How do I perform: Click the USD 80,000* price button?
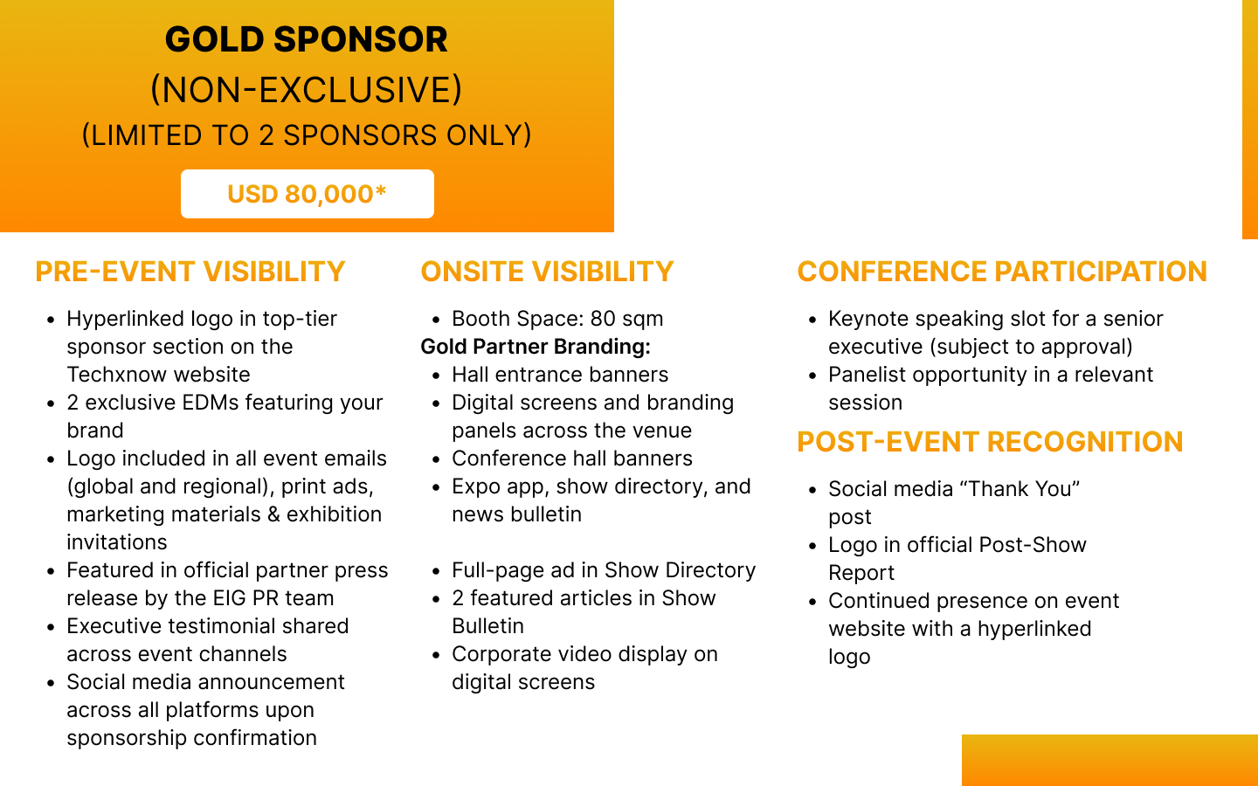pos(308,194)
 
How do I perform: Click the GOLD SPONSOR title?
pos(306,39)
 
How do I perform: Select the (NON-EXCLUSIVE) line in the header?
pos(306,90)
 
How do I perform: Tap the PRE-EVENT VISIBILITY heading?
pos(190,272)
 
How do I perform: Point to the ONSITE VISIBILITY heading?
pos(547,272)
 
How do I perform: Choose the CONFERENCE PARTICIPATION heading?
pos(1002,272)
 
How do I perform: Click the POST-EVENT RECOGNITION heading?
pos(990,442)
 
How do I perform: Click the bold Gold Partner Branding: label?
pos(536,347)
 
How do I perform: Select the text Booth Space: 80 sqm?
pos(557,319)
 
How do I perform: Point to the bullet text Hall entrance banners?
pos(560,375)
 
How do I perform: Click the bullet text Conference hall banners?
pos(571,458)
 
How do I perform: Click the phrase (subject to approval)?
pos(1031,347)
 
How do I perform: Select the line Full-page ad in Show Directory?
pos(604,570)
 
